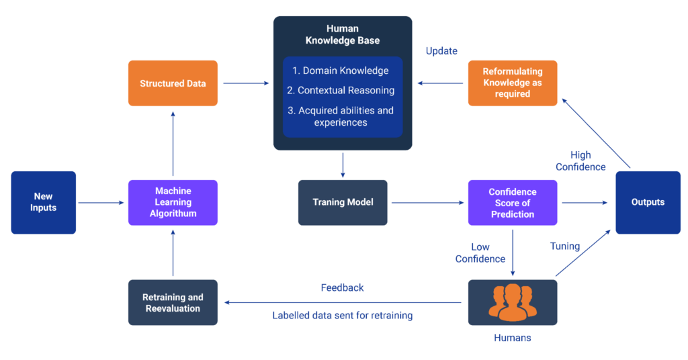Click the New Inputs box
[x=44, y=202]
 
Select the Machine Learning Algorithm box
[x=173, y=202]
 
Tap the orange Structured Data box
[x=173, y=83]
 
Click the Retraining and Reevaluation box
[x=173, y=303]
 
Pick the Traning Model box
[x=343, y=202]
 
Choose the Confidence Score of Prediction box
[x=513, y=202]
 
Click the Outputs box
[x=648, y=202]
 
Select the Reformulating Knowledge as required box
[x=513, y=83]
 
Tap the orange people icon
[x=513, y=302]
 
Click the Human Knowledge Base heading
[x=343, y=35]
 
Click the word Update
[x=441, y=52]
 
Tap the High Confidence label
[x=580, y=161]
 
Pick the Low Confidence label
[x=480, y=253]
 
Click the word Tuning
[x=564, y=246]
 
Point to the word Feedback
[x=342, y=287]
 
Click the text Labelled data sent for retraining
[x=342, y=316]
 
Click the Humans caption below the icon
[x=512, y=338]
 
